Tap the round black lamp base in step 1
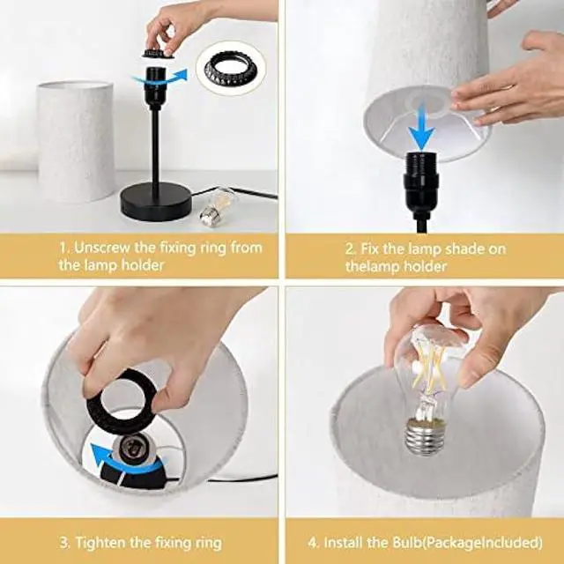pyautogui.click(x=156, y=202)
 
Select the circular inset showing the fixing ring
pyautogui.click(x=230, y=66)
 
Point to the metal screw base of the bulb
pyautogui.click(x=429, y=435)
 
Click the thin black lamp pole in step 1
pyautogui.click(x=155, y=145)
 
